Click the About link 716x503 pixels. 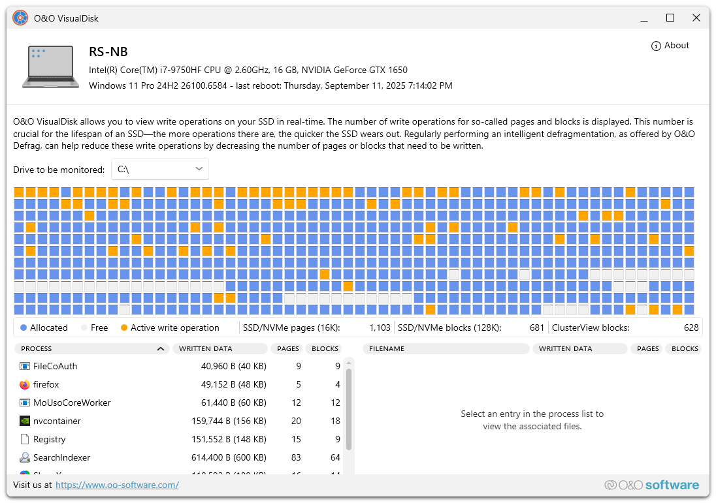670,46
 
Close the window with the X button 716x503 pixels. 696,18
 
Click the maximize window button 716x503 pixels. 670,18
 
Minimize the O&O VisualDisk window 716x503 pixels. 643,18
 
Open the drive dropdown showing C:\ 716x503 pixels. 160,169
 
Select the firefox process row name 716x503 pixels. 46,384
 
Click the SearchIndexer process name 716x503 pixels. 61,457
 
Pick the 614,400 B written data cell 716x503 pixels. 233,457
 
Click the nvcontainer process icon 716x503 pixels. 25,421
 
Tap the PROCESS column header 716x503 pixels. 91,348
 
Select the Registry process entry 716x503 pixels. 50,439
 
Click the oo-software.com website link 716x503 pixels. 117,485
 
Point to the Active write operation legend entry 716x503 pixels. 174,328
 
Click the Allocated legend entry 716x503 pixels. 48,328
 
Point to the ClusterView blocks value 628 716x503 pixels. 691,328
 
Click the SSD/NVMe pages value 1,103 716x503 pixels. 380,328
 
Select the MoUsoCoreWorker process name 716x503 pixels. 72,403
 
